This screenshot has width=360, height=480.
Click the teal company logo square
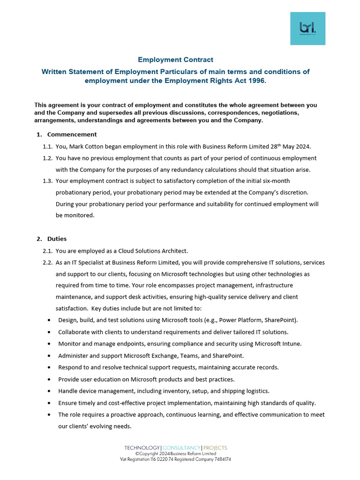307,28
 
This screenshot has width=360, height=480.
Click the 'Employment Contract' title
175,60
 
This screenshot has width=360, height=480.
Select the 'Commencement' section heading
72,135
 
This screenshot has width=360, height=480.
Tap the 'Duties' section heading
57,239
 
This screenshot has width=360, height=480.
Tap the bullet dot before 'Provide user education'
50,379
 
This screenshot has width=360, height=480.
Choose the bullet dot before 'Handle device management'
50,391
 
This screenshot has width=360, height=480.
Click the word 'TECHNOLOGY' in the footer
142,448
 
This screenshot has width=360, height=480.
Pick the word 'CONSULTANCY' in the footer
181,448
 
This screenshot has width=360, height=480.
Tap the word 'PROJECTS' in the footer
215,448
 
